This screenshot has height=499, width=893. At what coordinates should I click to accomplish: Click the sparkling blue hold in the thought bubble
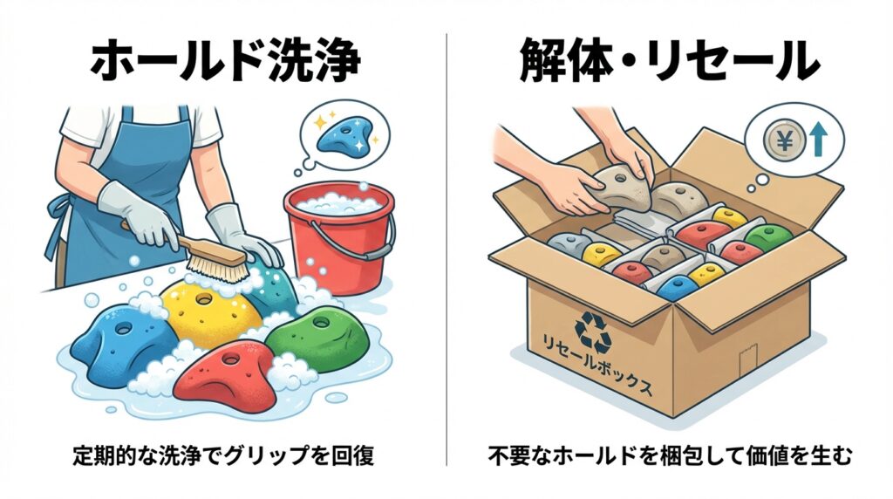tap(345, 137)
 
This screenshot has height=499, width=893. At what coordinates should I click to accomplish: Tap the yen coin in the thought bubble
tap(784, 140)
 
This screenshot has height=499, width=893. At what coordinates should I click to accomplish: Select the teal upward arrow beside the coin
tap(817, 140)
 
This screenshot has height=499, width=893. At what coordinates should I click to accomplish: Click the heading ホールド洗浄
tap(226, 61)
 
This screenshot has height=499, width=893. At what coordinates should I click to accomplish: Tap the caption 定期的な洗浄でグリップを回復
tap(224, 456)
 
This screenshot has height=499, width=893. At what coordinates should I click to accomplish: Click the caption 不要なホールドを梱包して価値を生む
tap(670, 456)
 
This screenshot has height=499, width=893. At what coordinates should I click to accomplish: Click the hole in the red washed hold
tap(230, 359)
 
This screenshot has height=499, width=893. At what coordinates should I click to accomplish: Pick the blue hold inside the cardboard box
tap(678, 288)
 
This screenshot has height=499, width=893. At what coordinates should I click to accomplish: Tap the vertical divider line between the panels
tap(446, 249)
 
